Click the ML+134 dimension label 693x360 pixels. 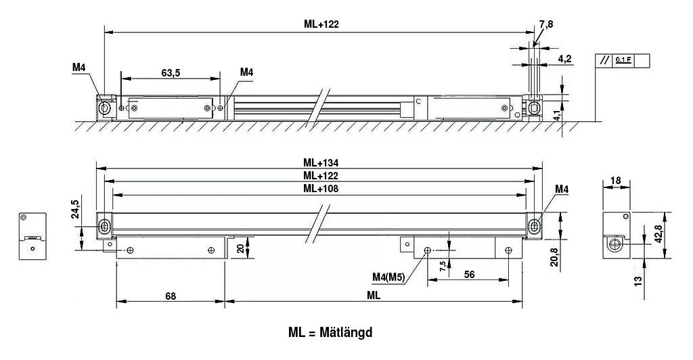(x=321, y=162)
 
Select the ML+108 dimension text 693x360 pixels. (x=321, y=189)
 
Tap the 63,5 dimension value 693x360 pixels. (x=171, y=73)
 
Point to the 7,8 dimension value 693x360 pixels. (x=545, y=24)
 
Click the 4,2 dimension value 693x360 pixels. (x=565, y=59)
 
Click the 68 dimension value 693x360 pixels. (x=170, y=296)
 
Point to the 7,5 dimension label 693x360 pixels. (x=442, y=265)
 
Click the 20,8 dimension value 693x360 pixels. (x=554, y=256)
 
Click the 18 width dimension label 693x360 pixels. (x=615, y=181)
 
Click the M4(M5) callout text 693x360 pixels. (x=388, y=276)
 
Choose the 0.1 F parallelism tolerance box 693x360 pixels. (x=623, y=60)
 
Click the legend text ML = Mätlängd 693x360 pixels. (x=330, y=333)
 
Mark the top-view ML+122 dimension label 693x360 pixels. (x=321, y=24)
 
